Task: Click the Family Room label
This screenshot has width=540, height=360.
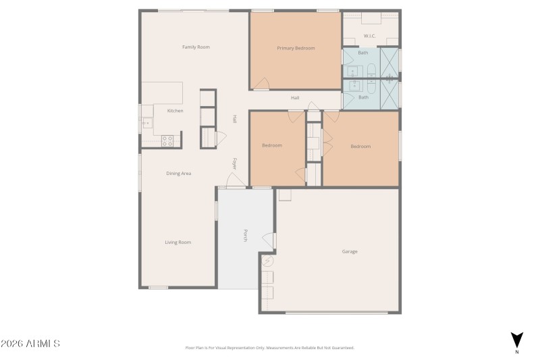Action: click(x=196, y=47)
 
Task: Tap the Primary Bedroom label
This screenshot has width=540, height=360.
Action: click(x=296, y=48)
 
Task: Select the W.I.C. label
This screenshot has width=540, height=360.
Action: click(x=369, y=36)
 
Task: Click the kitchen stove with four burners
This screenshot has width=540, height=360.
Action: click(x=167, y=140)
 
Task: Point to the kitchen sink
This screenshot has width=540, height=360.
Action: click(x=146, y=124)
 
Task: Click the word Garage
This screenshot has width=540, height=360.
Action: click(x=349, y=251)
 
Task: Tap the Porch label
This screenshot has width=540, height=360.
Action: click(x=246, y=236)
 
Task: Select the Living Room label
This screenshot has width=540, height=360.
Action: click(x=178, y=242)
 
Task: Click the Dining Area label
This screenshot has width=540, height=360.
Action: click(x=179, y=174)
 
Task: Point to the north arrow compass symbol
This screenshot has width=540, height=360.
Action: click(x=516, y=340)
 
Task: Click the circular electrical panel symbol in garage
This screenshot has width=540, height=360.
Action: click(x=267, y=261)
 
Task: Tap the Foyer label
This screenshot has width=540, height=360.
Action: click(x=235, y=163)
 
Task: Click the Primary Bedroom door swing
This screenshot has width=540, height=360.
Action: click(x=261, y=82)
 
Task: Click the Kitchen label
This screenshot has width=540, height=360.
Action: click(x=175, y=111)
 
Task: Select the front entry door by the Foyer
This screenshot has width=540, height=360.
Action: click(x=235, y=180)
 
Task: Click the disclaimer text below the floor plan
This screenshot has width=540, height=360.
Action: click(x=269, y=348)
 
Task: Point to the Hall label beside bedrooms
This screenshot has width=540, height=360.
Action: click(x=295, y=98)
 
